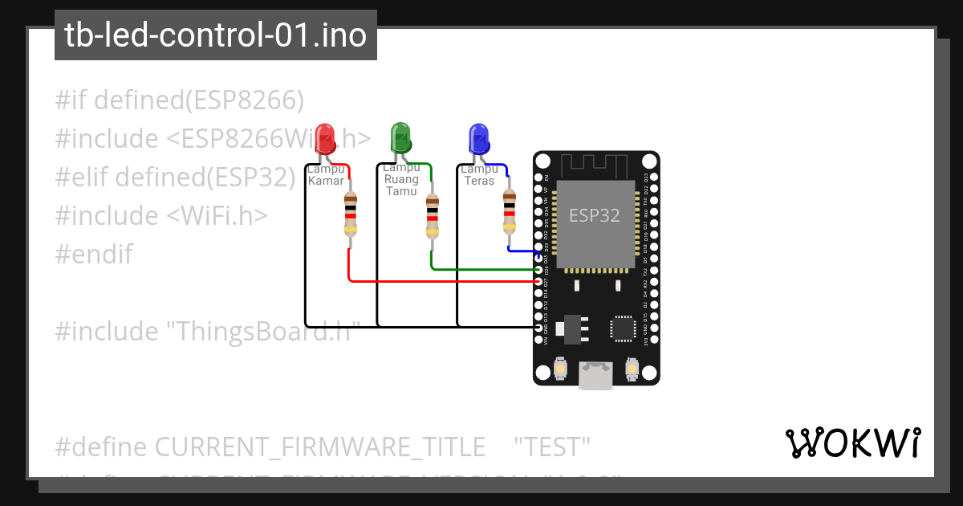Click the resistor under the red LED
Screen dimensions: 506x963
pos(350,214)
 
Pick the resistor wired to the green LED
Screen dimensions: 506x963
pos(432,215)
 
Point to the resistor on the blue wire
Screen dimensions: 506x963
pos(509,210)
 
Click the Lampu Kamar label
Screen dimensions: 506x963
pos(326,174)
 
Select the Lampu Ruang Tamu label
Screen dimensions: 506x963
pos(401,179)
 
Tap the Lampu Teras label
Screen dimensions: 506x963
pos(479,174)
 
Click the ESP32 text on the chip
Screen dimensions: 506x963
pos(594,215)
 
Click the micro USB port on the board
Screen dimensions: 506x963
pos(595,376)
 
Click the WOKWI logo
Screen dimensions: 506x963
pos(852,443)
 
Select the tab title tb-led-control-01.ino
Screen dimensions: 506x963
pos(215,35)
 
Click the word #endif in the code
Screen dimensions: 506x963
pos(94,255)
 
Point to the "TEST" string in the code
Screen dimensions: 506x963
pos(552,446)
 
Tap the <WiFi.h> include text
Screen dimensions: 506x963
pos(217,216)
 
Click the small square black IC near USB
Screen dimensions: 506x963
pos(623,328)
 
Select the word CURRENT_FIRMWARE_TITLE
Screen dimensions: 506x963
pos(319,446)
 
